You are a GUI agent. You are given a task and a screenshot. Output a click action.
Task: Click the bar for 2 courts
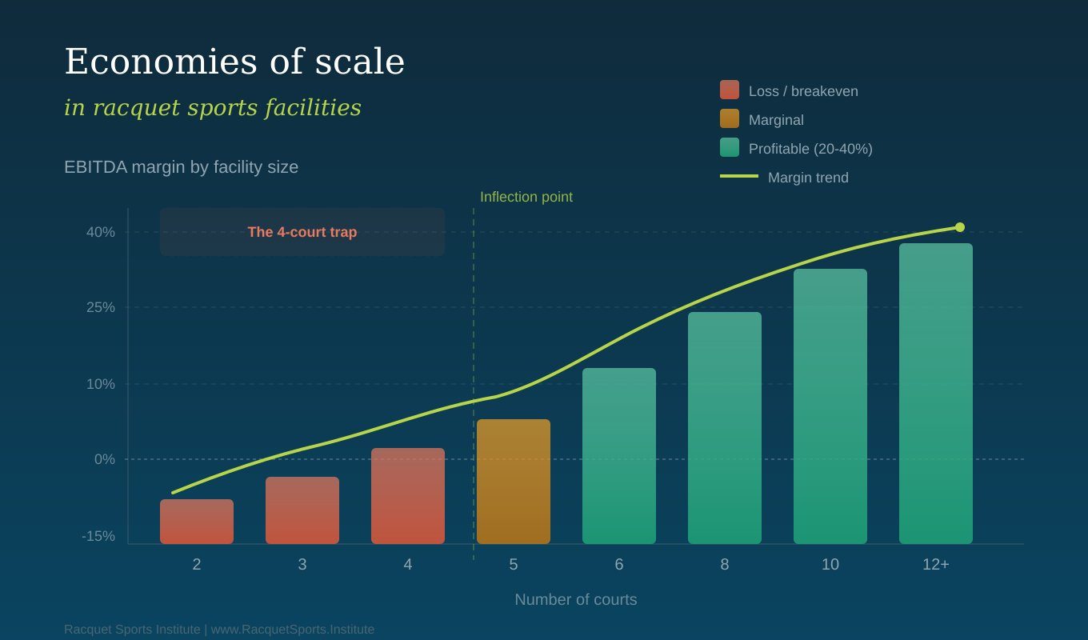point(197,521)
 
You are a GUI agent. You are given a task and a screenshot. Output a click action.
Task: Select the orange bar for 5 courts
point(514,482)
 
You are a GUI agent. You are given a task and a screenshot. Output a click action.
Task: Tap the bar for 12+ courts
point(935,394)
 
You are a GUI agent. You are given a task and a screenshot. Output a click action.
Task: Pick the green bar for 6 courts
point(619,455)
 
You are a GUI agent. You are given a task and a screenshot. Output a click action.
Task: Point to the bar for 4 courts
point(407,496)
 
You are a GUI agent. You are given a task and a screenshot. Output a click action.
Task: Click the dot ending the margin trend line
point(960,227)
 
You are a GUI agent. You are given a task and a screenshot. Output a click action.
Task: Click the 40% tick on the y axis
point(101,232)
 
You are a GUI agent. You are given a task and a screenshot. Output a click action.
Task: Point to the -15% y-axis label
point(98,536)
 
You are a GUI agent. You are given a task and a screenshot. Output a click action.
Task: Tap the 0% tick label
point(105,459)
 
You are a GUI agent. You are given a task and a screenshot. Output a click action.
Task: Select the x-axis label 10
point(830,564)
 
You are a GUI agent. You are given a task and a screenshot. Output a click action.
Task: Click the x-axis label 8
point(724,564)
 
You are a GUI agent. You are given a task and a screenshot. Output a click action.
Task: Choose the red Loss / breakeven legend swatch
point(730,90)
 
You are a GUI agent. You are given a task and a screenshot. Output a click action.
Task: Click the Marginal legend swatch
point(730,118)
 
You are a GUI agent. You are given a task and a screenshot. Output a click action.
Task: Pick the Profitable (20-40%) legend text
point(810,149)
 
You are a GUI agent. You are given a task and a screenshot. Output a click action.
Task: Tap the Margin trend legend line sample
point(738,176)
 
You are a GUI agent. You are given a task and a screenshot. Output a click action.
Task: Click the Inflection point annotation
point(526,197)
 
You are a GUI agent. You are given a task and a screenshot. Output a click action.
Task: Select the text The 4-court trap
point(302,232)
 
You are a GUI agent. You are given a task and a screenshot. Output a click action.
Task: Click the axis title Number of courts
point(575,600)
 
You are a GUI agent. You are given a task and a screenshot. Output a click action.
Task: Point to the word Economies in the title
point(161,62)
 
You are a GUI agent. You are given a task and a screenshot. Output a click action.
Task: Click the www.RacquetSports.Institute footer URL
point(293,630)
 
